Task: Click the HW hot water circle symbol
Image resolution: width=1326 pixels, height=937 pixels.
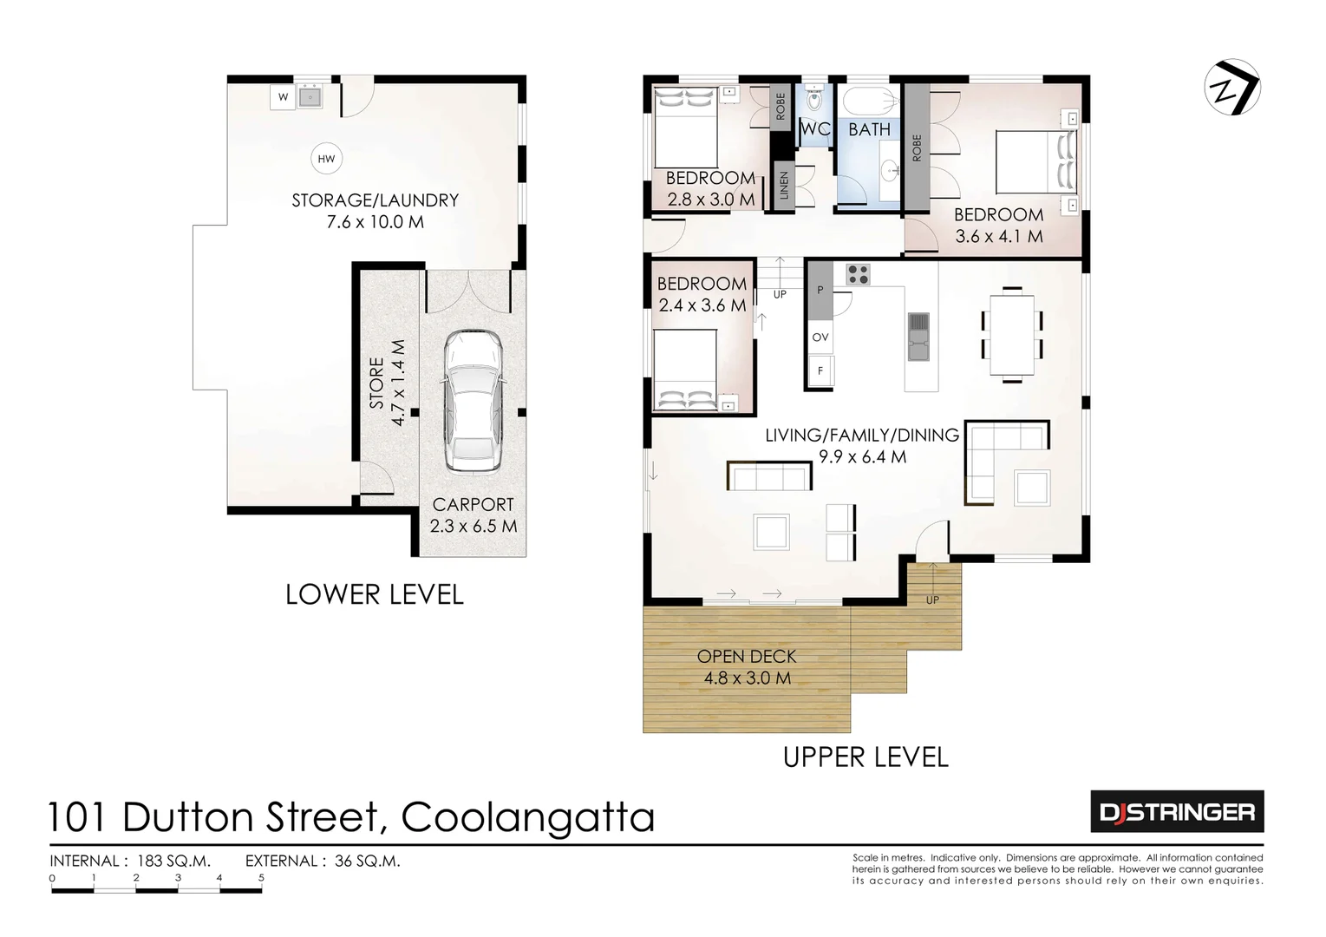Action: click(326, 159)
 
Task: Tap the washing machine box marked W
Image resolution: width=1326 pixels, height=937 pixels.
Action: click(283, 97)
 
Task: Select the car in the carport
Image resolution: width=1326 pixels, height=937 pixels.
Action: click(473, 401)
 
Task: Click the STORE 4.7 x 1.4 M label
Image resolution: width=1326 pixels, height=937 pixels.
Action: click(387, 383)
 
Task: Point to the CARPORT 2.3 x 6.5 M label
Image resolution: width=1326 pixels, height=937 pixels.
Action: click(473, 515)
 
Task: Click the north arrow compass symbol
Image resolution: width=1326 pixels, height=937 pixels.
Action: click(1231, 88)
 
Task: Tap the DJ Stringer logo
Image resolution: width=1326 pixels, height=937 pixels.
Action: click(1176, 812)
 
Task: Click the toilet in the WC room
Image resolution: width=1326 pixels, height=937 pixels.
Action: click(814, 101)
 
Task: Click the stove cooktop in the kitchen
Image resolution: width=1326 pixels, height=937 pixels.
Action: click(858, 274)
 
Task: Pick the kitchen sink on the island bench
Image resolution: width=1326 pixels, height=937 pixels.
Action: click(918, 337)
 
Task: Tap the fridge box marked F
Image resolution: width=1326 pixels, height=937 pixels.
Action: click(820, 371)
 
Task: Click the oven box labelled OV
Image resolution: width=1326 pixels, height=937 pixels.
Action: click(820, 337)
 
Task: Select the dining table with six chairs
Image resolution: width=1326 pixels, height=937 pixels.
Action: click(1012, 334)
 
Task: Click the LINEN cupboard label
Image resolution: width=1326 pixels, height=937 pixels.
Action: click(783, 185)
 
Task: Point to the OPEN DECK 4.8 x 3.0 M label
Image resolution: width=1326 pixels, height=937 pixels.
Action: click(747, 667)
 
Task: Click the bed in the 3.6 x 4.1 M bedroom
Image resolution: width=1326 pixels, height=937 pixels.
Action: click(1035, 161)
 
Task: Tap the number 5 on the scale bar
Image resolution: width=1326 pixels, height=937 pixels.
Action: click(261, 878)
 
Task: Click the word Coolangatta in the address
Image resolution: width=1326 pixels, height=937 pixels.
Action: click(527, 817)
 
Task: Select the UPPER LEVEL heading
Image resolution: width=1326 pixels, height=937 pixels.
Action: click(865, 757)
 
